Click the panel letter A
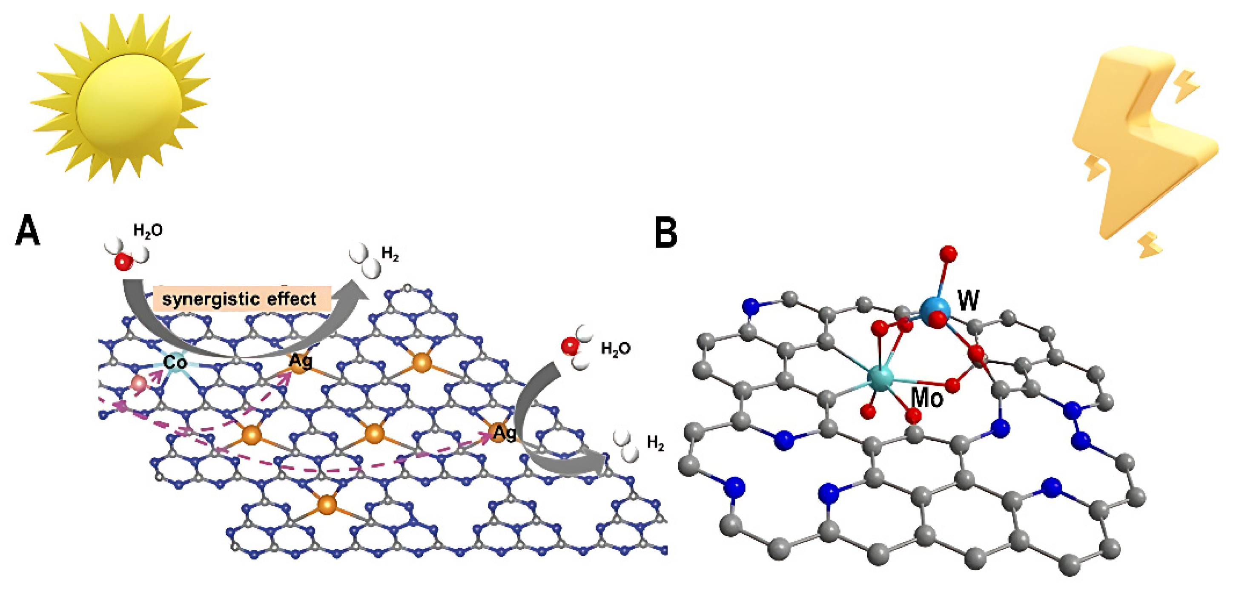tap(27, 231)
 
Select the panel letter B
tap(666, 233)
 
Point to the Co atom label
tap(174, 362)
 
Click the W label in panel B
tap(968, 301)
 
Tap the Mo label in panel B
tap(926, 397)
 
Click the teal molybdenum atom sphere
tap(881, 377)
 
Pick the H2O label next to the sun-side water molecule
tap(148, 231)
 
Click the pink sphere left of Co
tap(139, 384)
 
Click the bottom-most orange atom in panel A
tap(327, 505)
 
